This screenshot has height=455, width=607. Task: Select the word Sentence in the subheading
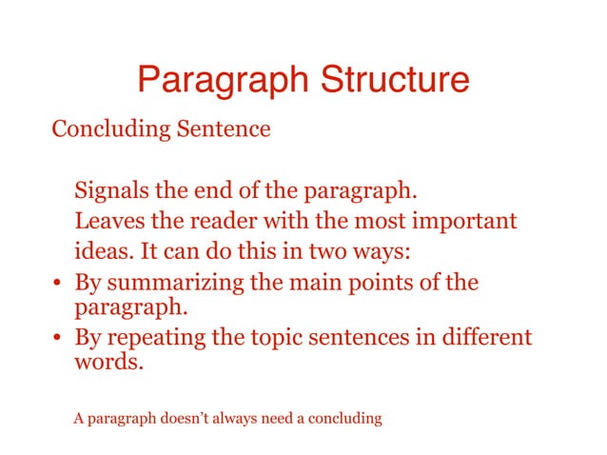(x=226, y=129)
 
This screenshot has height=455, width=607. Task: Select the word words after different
(x=108, y=364)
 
